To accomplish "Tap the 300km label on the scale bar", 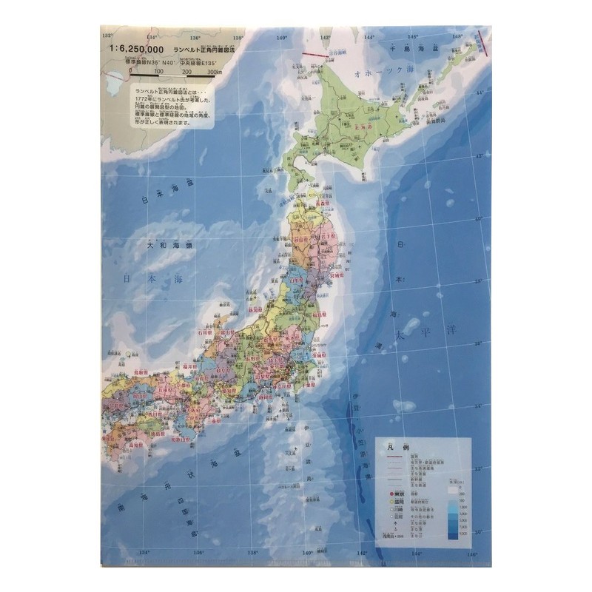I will pyautogui.click(x=215, y=72).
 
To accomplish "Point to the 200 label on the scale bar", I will pyautogui.click(x=186, y=72).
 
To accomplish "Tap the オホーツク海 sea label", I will pyautogui.click(x=385, y=74).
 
